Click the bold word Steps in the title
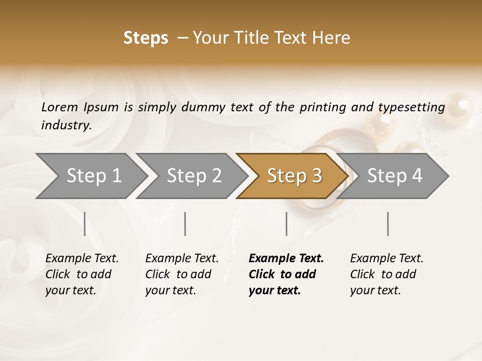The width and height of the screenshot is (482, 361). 146,38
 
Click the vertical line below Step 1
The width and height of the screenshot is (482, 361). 85,224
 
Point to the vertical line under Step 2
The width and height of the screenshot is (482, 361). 185,224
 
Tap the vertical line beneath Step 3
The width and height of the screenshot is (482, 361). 286,224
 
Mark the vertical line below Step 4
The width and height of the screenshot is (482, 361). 388,224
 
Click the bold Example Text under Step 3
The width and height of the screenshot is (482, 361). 286,259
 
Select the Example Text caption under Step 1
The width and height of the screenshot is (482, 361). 82,259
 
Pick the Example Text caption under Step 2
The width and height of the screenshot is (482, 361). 182,259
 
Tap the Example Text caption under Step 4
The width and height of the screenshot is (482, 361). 387,259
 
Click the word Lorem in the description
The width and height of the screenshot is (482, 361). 60,107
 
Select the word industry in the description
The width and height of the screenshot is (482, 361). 66,125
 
